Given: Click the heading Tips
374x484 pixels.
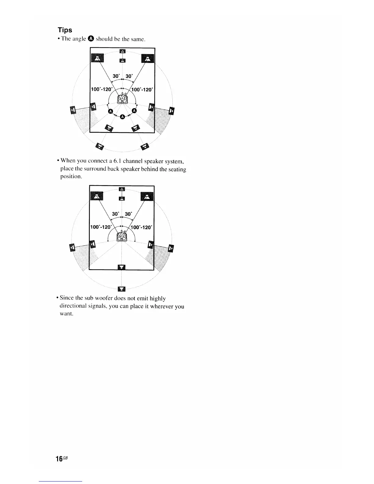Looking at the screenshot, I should (x=65, y=30).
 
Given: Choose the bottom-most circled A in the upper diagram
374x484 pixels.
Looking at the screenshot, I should (x=122, y=116).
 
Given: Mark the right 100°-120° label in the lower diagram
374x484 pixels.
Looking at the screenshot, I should (x=142, y=227).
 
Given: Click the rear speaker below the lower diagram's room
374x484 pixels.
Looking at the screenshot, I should (x=122, y=289).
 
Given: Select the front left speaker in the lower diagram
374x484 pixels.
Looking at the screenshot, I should (x=97, y=197).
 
